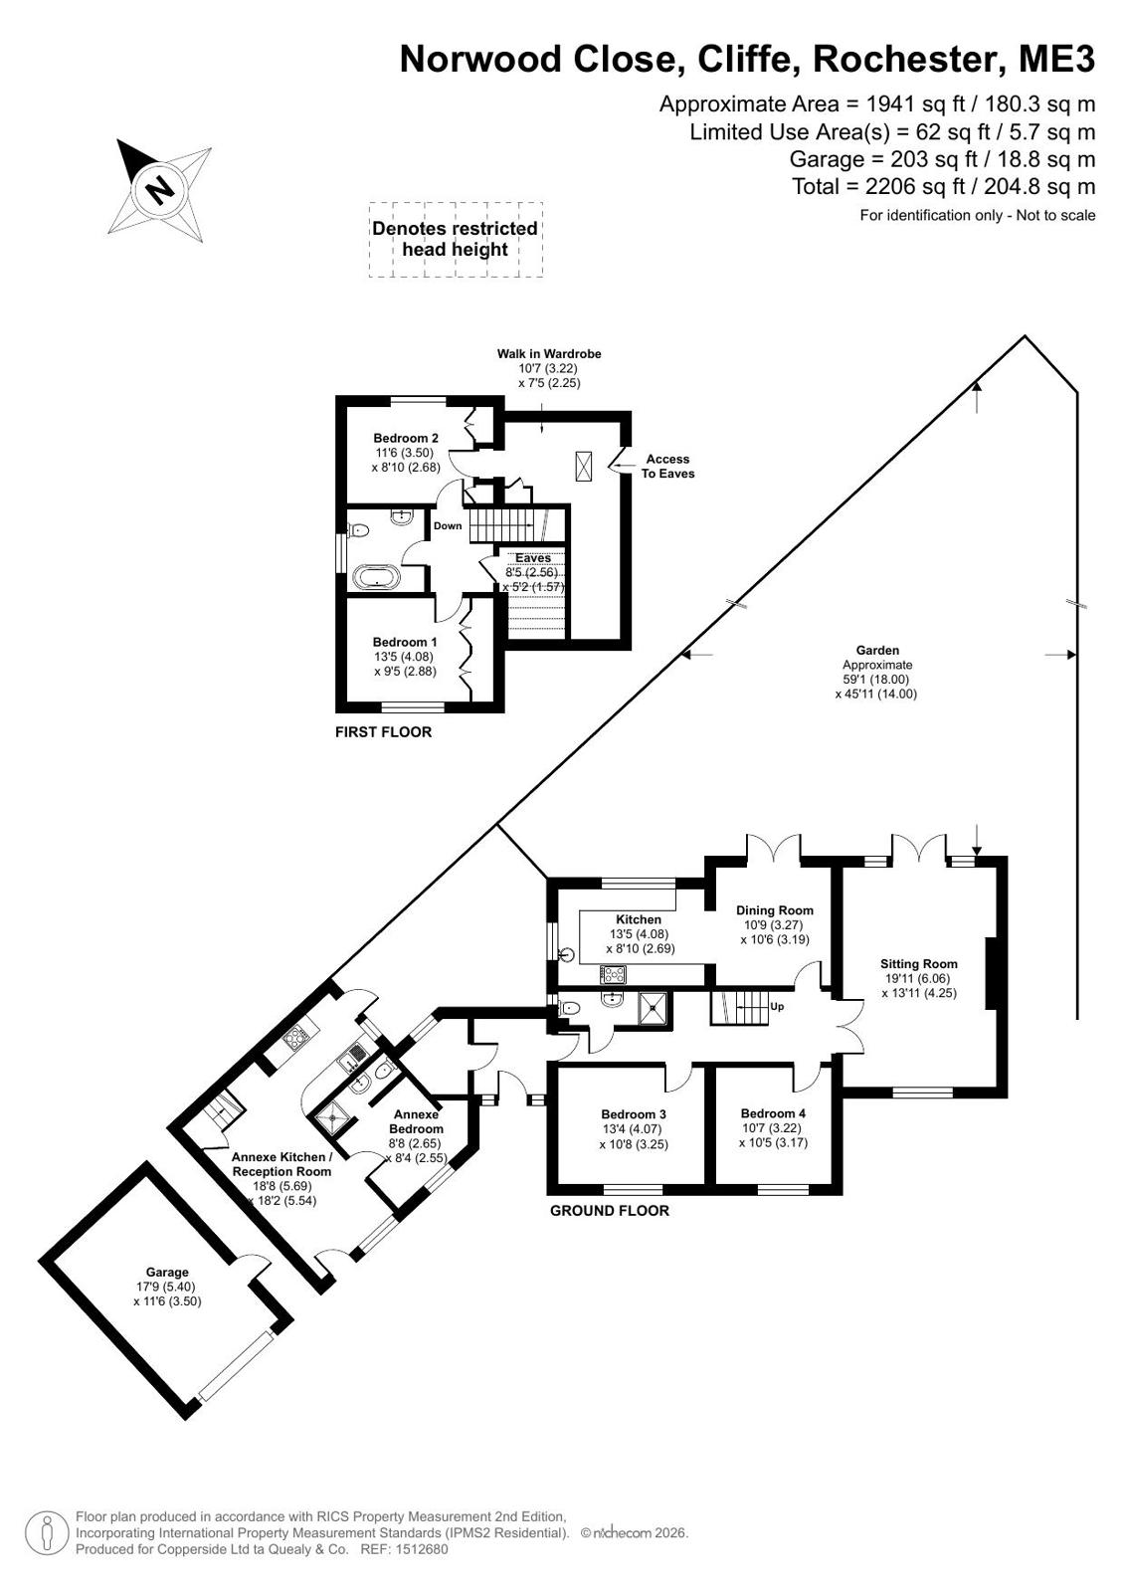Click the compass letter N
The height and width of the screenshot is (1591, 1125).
click(160, 190)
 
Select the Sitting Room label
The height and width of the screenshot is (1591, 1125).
click(919, 964)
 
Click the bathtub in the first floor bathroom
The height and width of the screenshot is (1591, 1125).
click(376, 576)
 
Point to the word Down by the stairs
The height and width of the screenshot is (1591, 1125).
click(448, 525)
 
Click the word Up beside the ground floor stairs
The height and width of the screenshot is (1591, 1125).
click(777, 1007)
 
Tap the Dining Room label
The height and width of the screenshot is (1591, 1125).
click(775, 909)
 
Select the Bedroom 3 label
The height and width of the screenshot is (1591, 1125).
click(634, 1114)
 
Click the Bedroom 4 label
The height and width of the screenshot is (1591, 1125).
click(774, 1113)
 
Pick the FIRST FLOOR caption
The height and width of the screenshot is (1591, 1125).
click(384, 731)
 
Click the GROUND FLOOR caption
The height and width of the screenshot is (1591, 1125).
click(610, 1210)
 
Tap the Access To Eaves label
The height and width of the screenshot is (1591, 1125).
click(667, 466)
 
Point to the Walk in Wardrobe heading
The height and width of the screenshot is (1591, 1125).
click(549, 353)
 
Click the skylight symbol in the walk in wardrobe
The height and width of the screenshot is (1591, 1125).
click(584, 466)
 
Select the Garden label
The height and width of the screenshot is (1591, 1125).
click(878, 650)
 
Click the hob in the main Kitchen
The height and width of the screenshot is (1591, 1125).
click(612, 974)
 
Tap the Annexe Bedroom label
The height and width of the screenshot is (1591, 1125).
click(417, 1121)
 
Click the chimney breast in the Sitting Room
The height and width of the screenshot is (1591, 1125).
click(991, 972)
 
